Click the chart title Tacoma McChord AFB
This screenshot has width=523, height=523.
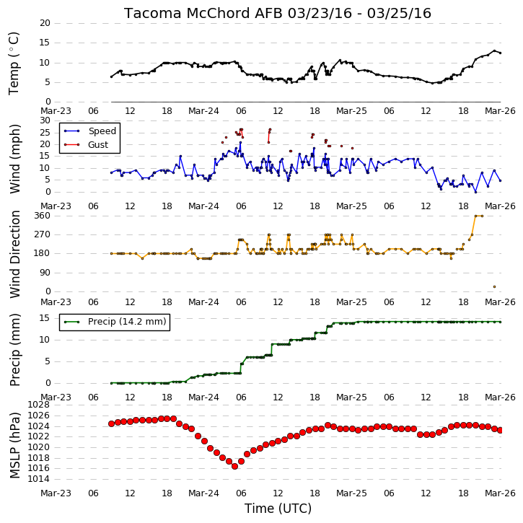pyautogui.click(x=203, y=13)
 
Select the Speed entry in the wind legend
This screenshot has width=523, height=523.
pyautogui.click(x=102, y=131)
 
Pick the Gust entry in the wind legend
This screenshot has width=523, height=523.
pyautogui.click(x=98, y=145)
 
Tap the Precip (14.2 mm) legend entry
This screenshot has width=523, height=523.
pyautogui.click(x=127, y=322)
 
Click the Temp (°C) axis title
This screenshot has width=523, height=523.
pyautogui.click(x=14, y=63)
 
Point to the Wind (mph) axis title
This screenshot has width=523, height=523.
pyautogui.click(x=14, y=159)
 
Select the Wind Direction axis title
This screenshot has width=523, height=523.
pyautogui.click(x=14, y=254)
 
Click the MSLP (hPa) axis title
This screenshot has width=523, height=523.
pyautogui.click(x=14, y=445)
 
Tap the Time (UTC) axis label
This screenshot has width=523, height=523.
pyautogui.click(x=278, y=509)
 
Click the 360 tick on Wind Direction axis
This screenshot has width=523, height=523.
pyautogui.click(x=43, y=216)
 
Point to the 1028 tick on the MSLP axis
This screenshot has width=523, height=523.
pyautogui.click(x=39, y=405)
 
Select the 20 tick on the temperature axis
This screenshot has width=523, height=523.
pyautogui.click(x=45, y=23)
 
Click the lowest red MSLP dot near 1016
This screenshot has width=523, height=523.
pyautogui.click(x=235, y=466)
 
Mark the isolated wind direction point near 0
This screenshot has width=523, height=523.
pyautogui.click(x=494, y=287)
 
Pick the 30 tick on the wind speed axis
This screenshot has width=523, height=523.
pyautogui.click(x=45, y=120)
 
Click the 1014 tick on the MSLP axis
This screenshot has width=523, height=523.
pyautogui.click(x=39, y=479)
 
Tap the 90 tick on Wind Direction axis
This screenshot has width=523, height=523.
pyautogui.click(x=45, y=273)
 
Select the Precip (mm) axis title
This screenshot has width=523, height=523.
pyautogui.click(x=14, y=350)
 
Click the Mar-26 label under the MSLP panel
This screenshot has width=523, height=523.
pyautogui.click(x=500, y=493)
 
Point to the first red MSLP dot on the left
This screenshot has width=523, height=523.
pyautogui.click(x=111, y=424)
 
